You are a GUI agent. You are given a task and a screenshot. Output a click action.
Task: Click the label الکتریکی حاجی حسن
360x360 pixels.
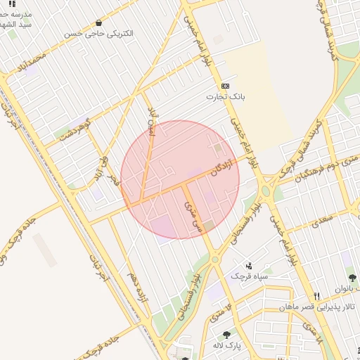98,33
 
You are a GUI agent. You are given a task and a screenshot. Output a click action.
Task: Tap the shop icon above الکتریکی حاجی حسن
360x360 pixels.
98,22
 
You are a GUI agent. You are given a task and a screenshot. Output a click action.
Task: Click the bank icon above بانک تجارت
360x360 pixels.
225,85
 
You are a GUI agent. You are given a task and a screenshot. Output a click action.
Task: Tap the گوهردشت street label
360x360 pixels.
75,131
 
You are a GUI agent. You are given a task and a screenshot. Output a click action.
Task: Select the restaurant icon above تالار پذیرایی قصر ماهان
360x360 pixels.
317,296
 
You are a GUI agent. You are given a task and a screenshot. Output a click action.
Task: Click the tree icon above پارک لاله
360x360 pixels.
226,335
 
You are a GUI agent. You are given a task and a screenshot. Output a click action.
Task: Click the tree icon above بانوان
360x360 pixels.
352,278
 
